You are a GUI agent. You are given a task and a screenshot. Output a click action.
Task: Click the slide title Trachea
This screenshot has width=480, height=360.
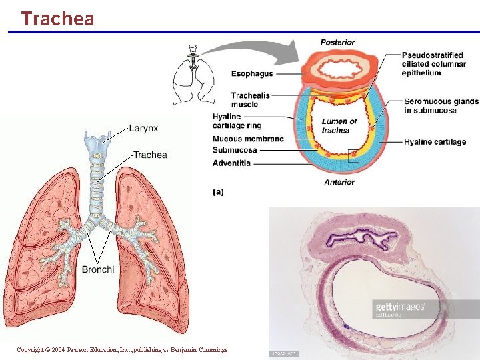pyautogui.click(x=57, y=18)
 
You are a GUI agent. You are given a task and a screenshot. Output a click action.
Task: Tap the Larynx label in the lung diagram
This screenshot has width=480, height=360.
pyautogui.click(x=143, y=127)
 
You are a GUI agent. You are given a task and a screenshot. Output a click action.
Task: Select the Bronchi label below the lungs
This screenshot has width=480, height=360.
pyautogui.click(x=98, y=269)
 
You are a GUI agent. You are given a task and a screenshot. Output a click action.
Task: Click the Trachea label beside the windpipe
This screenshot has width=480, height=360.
pyautogui.click(x=150, y=155)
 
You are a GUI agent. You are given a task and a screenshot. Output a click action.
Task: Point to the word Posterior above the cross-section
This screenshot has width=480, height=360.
pyautogui.click(x=337, y=43)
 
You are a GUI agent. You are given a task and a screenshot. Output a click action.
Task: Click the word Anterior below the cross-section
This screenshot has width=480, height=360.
pyautogui.click(x=339, y=182)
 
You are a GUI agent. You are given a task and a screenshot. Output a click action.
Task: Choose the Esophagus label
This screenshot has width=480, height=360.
pyautogui.click(x=252, y=73)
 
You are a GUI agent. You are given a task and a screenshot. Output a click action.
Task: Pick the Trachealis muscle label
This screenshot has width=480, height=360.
pyautogui.click(x=251, y=99)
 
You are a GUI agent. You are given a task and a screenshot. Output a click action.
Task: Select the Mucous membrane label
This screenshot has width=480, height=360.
pyautogui.click(x=248, y=139)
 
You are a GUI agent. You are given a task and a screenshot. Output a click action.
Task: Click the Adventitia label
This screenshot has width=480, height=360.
pyautogui.click(x=231, y=163)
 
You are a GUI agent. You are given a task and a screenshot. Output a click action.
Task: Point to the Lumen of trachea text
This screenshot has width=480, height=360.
pyautogui.click(x=339, y=125)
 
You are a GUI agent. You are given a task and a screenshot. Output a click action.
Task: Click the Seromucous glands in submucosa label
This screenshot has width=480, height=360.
pyautogui.click(x=441, y=105)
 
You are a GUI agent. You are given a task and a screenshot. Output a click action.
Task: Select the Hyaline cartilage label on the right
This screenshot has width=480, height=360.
pyautogui.click(x=435, y=142)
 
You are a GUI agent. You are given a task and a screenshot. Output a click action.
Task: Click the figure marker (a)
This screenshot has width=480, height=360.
pyautogui.click(x=218, y=192)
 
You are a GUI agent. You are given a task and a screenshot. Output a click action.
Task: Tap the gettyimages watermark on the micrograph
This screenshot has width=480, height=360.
pyautogui.click(x=400, y=307)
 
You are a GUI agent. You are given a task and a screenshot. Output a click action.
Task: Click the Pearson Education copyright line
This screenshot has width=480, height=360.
pyautogui.click(x=122, y=349)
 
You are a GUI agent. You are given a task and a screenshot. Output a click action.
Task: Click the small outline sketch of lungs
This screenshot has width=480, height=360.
pyautogui.click(x=193, y=75)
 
